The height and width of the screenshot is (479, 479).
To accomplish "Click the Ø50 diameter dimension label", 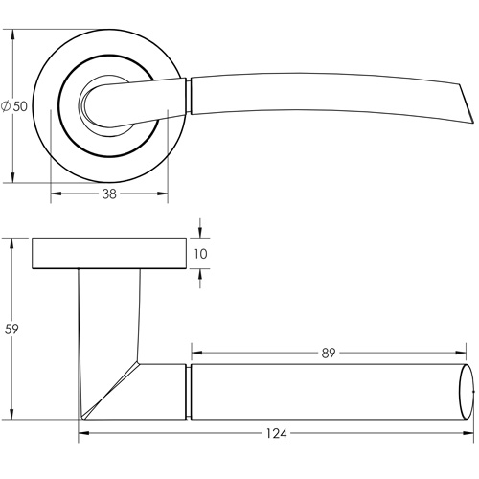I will point(13,105).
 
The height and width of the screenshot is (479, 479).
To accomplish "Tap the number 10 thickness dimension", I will point(200,254).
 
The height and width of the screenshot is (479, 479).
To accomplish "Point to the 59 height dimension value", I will point(12,329).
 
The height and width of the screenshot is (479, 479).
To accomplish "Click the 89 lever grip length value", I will point(329,353).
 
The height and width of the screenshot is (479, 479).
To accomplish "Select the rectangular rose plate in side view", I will point(109,253).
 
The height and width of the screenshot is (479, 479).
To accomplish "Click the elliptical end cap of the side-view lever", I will point(468,393).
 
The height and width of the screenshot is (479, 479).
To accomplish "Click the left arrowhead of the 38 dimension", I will point(53,194).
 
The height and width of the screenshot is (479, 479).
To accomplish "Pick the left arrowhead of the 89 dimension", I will point(195,353).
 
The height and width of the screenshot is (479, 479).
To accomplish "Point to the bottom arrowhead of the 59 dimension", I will point(12,417).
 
